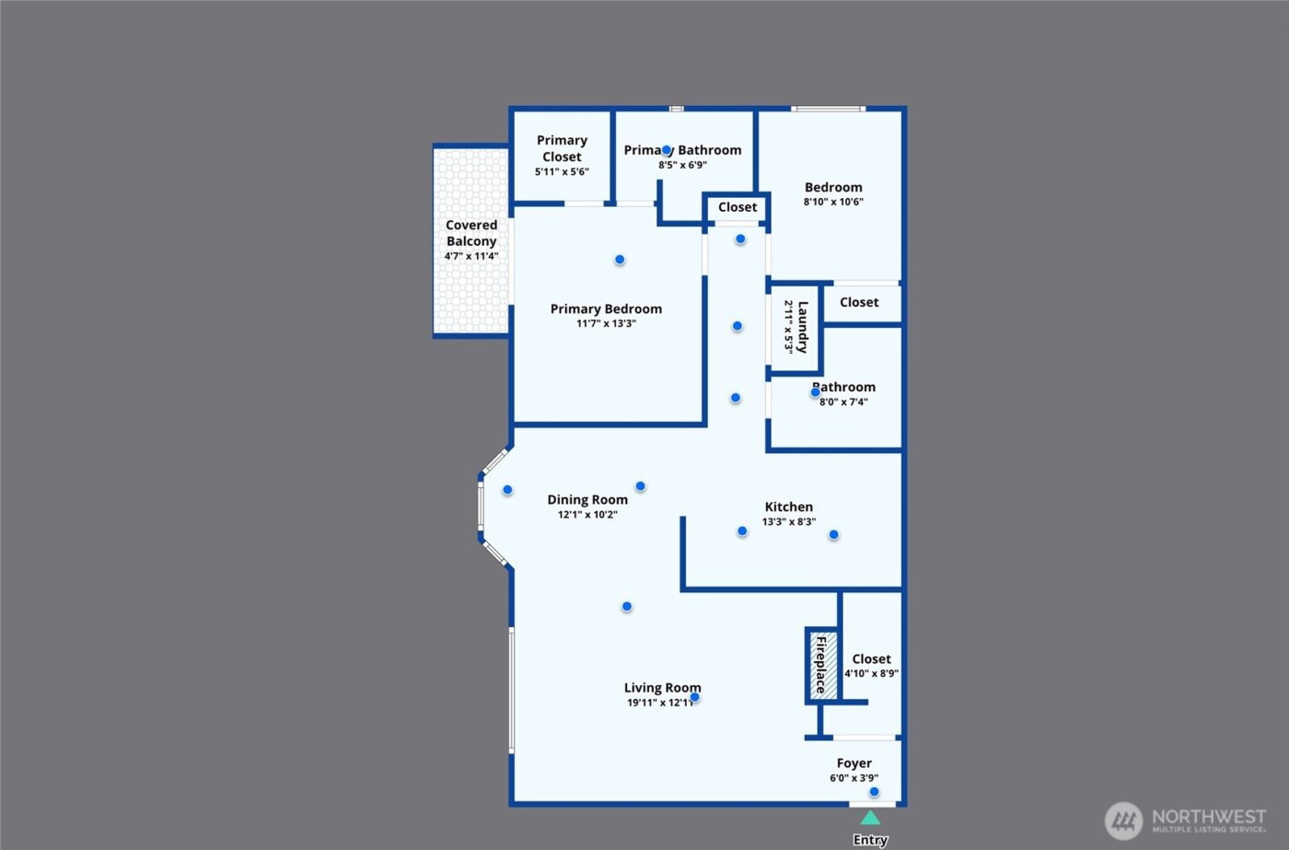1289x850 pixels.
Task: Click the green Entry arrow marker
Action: pyautogui.click(x=870, y=817)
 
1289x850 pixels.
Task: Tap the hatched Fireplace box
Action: pyautogui.click(x=823, y=664)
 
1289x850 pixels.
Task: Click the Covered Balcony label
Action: pyautogui.click(x=471, y=233)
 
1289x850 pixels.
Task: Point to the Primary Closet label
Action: pyautogui.click(x=562, y=148)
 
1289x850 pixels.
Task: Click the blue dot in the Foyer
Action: pyautogui.click(x=874, y=792)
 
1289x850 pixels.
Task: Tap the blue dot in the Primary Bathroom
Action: pyautogui.click(x=667, y=150)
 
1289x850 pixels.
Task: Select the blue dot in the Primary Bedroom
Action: pyautogui.click(x=620, y=260)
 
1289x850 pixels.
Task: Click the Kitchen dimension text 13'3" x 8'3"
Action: pyautogui.click(x=789, y=522)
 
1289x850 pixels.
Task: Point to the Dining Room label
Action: pyautogui.click(x=587, y=500)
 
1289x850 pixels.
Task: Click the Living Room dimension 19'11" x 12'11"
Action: pyautogui.click(x=660, y=703)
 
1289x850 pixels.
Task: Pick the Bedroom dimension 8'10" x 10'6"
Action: pyautogui.click(x=833, y=202)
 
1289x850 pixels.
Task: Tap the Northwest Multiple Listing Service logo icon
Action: pyautogui.click(x=1123, y=820)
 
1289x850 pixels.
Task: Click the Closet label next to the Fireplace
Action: pyautogui.click(x=871, y=659)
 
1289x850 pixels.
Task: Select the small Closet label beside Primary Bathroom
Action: pyautogui.click(x=737, y=207)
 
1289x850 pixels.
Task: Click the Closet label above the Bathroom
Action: pyautogui.click(x=859, y=302)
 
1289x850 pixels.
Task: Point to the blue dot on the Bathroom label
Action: pyautogui.click(x=815, y=392)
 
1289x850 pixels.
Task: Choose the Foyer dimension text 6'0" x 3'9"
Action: pyautogui.click(x=854, y=778)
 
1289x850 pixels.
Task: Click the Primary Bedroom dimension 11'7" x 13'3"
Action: pyautogui.click(x=606, y=323)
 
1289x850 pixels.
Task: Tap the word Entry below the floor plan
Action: pyautogui.click(x=870, y=840)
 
